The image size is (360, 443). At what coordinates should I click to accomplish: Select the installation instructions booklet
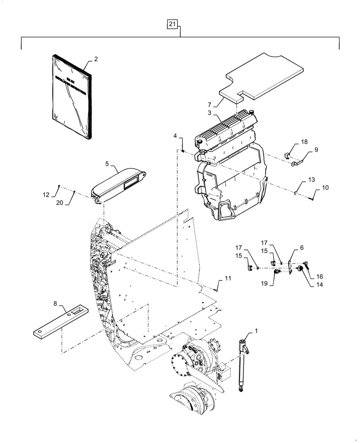click(x=71, y=96)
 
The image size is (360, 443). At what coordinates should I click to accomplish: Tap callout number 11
click(x=227, y=278)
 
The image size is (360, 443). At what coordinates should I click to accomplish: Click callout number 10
click(x=325, y=188)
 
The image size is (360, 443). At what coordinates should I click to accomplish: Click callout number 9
click(x=316, y=150)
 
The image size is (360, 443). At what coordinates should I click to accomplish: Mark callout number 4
click(x=176, y=135)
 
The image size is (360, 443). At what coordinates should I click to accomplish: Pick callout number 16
click(x=320, y=276)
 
